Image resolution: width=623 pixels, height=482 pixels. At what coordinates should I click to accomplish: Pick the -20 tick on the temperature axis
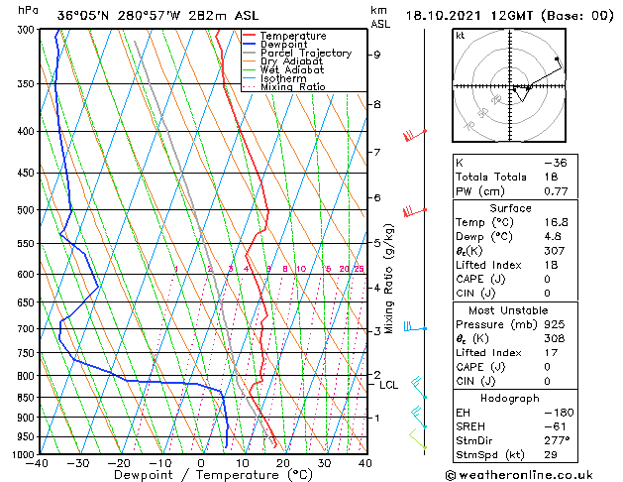[x=119, y=462]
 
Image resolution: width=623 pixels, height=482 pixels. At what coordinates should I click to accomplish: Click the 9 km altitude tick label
[x=376, y=55]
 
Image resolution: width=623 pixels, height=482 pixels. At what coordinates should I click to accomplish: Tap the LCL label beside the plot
[x=388, y=385]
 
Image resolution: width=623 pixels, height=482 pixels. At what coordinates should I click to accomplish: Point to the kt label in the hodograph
[x=460, y=36]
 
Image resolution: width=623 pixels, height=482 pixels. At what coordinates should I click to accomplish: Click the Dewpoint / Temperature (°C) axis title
[x=201, y=475]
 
